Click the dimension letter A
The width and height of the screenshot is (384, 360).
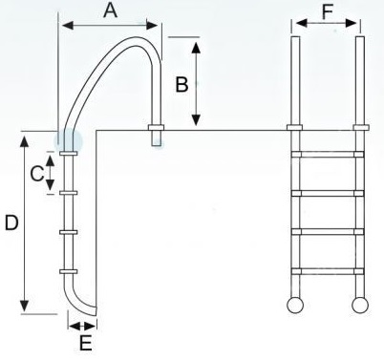coord(111,11)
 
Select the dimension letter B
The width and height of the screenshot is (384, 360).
coord(181,85)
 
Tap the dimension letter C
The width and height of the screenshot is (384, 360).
coord(37,174)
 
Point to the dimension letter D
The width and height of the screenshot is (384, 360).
coord(11,222)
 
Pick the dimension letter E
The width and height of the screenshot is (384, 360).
coord(85,343)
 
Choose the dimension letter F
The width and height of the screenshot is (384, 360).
coord(327,12)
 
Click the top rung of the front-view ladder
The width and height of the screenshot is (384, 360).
coord(328,155)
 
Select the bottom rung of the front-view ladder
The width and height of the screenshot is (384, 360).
coord(328,271)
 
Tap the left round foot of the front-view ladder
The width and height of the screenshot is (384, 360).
coord(295,305)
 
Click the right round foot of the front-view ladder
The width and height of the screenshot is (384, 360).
coord(360,305)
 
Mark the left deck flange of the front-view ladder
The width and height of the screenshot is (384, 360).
coord(294,128)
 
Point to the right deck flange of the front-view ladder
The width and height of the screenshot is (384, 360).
coord(361,128)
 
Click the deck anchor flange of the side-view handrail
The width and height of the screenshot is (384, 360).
coord(156,128)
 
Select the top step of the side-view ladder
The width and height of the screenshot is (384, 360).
coord(69,154)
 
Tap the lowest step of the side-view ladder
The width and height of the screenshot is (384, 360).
coord(69,271)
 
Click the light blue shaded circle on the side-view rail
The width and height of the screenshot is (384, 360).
coord(68,141)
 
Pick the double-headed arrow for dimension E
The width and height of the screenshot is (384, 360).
coord(82,326)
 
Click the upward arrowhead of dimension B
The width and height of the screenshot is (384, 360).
coord(196,48)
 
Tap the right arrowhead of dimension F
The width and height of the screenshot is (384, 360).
coord(351,23)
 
